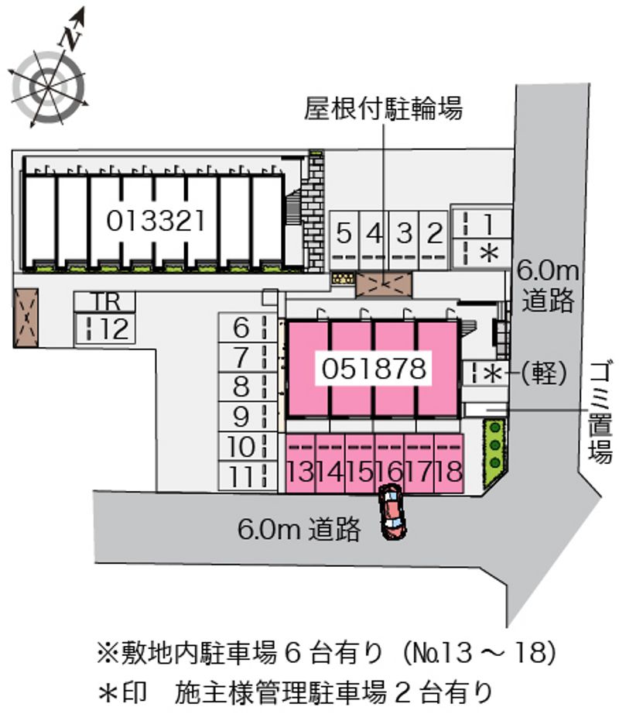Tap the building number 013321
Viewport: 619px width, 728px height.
tap(156, 221)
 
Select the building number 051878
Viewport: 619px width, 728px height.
tap(374, 369)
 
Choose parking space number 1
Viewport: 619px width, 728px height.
tap(487, 223)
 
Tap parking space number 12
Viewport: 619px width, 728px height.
tap(106, 329)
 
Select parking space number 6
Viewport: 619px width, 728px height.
tap(241, 328)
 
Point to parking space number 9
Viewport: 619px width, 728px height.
tap(241, 417)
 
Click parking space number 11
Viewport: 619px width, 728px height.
tap(241, 476)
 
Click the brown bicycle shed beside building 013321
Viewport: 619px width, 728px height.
tap(26, 318)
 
